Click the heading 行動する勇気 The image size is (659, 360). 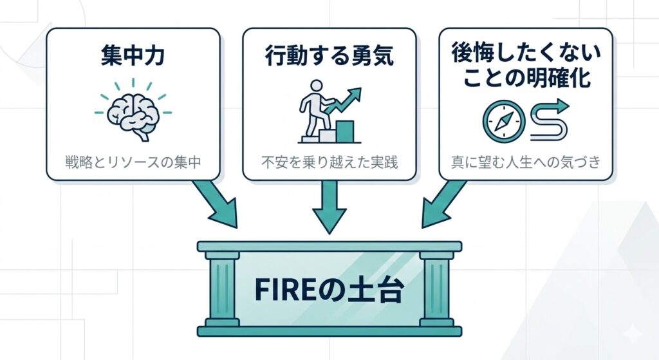[329, 57]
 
